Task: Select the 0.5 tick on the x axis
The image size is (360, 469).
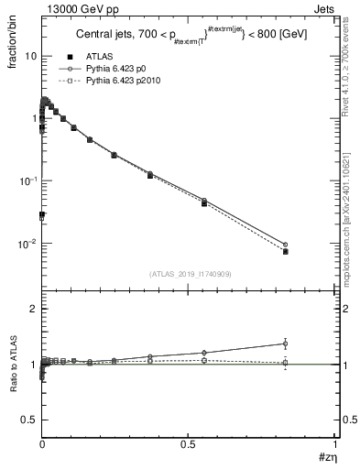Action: coord(189,445)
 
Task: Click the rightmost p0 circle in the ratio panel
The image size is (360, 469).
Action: coord(285,344)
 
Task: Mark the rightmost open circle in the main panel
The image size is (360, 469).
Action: coord(285,245)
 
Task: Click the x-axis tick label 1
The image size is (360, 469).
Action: coord(335,445)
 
